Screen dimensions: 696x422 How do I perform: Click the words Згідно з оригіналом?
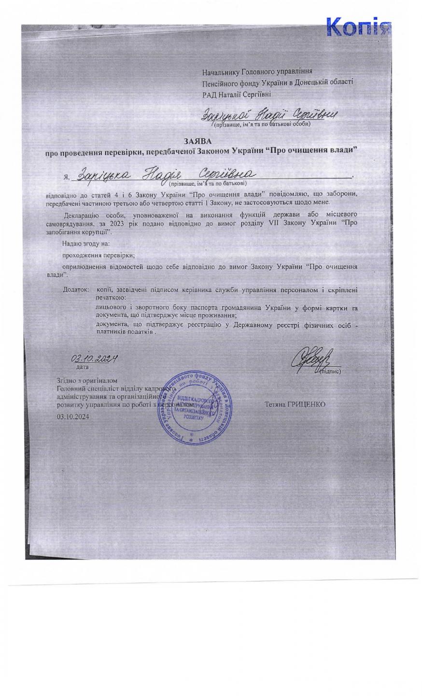click(x=87, y=380)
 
